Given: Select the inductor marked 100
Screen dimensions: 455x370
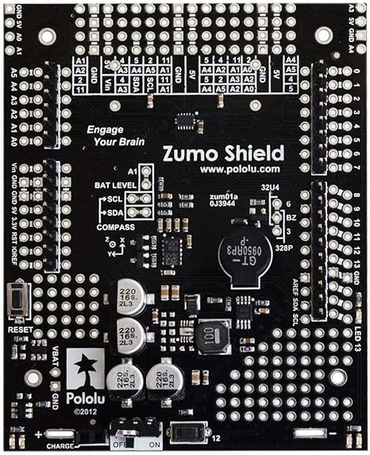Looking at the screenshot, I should click(x=212, y=337).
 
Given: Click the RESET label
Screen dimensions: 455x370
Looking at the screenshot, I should click(x=20, y=328).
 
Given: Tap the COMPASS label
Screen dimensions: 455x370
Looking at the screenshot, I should click(x=114, y=227).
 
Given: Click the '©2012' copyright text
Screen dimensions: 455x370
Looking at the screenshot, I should click(x=83, y=412).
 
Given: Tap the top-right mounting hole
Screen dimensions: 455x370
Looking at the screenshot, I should click(x=322, y=36).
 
